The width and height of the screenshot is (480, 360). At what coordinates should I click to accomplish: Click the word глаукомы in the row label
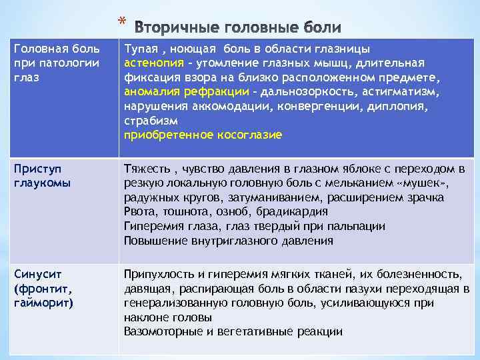tap(41, 183)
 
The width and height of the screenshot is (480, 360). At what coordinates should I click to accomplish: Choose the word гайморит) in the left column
tap(43, 303)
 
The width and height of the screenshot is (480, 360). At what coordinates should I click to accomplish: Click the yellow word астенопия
tap(153, 63)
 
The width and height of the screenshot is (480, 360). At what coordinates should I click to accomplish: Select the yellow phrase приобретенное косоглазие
tap(203, 135)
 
